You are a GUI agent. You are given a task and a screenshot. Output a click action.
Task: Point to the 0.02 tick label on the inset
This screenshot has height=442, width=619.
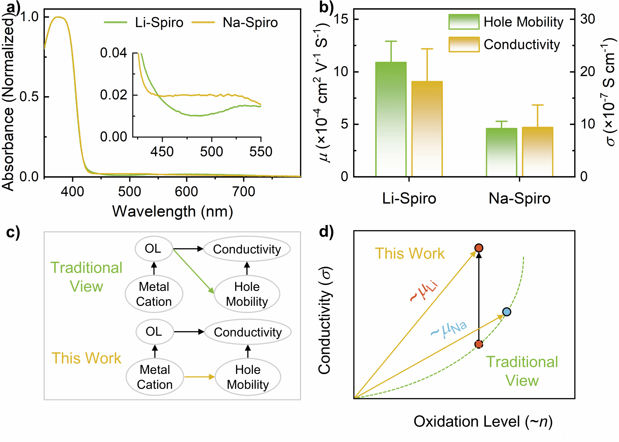[x=113, y=95]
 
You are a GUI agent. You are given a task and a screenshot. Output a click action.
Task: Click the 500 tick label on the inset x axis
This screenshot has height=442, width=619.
[x=212, y=151]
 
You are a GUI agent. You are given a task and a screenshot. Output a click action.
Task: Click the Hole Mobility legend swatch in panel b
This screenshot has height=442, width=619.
[x=464, y=22]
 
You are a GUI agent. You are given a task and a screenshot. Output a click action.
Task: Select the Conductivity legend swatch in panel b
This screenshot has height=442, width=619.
[x=464, y=44]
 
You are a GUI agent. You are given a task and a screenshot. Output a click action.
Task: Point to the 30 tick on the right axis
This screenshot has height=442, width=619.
[x=588, y=19]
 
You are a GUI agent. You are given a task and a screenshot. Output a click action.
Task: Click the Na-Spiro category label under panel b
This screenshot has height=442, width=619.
[x=520, y=198]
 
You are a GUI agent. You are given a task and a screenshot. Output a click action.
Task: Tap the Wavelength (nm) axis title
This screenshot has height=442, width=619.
[x=173, y=211]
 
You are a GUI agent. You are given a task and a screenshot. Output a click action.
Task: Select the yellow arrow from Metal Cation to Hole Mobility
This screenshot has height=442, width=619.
[x=199, y=377]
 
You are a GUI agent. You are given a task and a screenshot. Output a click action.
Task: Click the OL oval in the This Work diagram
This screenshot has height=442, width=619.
[x=155, y=332]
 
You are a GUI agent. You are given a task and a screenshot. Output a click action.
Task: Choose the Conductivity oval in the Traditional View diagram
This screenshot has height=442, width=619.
[x=247, y=249]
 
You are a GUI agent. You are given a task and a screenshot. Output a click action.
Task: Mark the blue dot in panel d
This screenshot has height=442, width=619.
[x=507, y=312]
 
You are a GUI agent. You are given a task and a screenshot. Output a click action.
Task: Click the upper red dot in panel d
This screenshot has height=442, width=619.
[x=479, y=248]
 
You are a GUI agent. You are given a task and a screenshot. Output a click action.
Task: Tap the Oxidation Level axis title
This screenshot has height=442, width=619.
[x=483, y=421]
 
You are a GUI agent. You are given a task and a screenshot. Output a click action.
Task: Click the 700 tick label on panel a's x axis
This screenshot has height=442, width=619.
[x=244, y=192]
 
